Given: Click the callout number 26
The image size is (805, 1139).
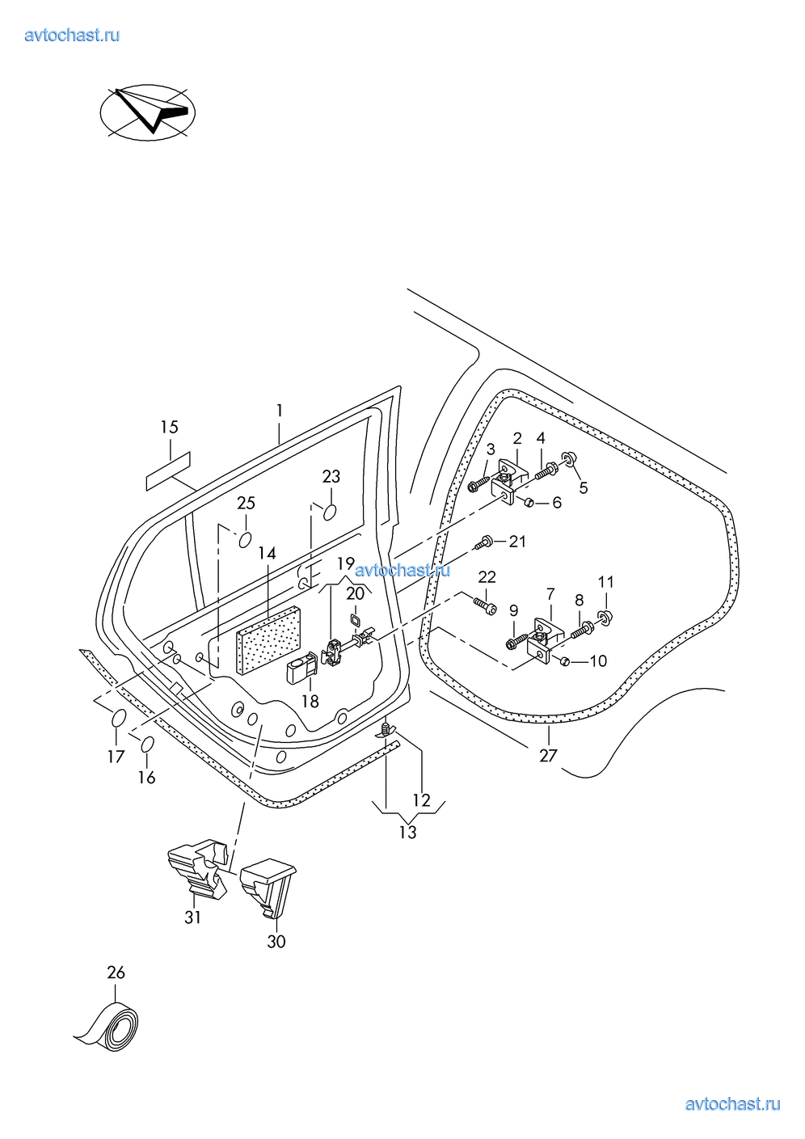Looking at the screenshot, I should click(x=116, y=972).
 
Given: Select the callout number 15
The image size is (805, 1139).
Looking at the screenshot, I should click(x=169, y=427).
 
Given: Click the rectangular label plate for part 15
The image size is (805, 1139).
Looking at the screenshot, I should click(x=168, y=471).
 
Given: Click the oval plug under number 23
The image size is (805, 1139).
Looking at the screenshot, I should click(x=331, y=512).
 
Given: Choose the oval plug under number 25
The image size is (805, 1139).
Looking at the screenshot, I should click(x=245, y=538).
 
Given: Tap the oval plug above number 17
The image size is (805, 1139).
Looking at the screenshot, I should click(x=118, y=718).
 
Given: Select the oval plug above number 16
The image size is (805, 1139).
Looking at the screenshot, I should click(x=148, y=745).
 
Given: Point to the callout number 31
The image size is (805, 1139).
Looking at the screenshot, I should click(x=192, y=917).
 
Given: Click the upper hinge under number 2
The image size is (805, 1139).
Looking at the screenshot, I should click(x=508, y=483).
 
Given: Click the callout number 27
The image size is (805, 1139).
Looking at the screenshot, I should click(x=548, y=755).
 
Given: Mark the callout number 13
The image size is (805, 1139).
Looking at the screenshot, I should click(x=407, y=831).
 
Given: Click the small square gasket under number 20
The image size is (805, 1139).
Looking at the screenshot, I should click(x=353, y=620).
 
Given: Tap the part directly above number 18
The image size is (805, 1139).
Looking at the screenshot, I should click(x=300, y=668).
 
